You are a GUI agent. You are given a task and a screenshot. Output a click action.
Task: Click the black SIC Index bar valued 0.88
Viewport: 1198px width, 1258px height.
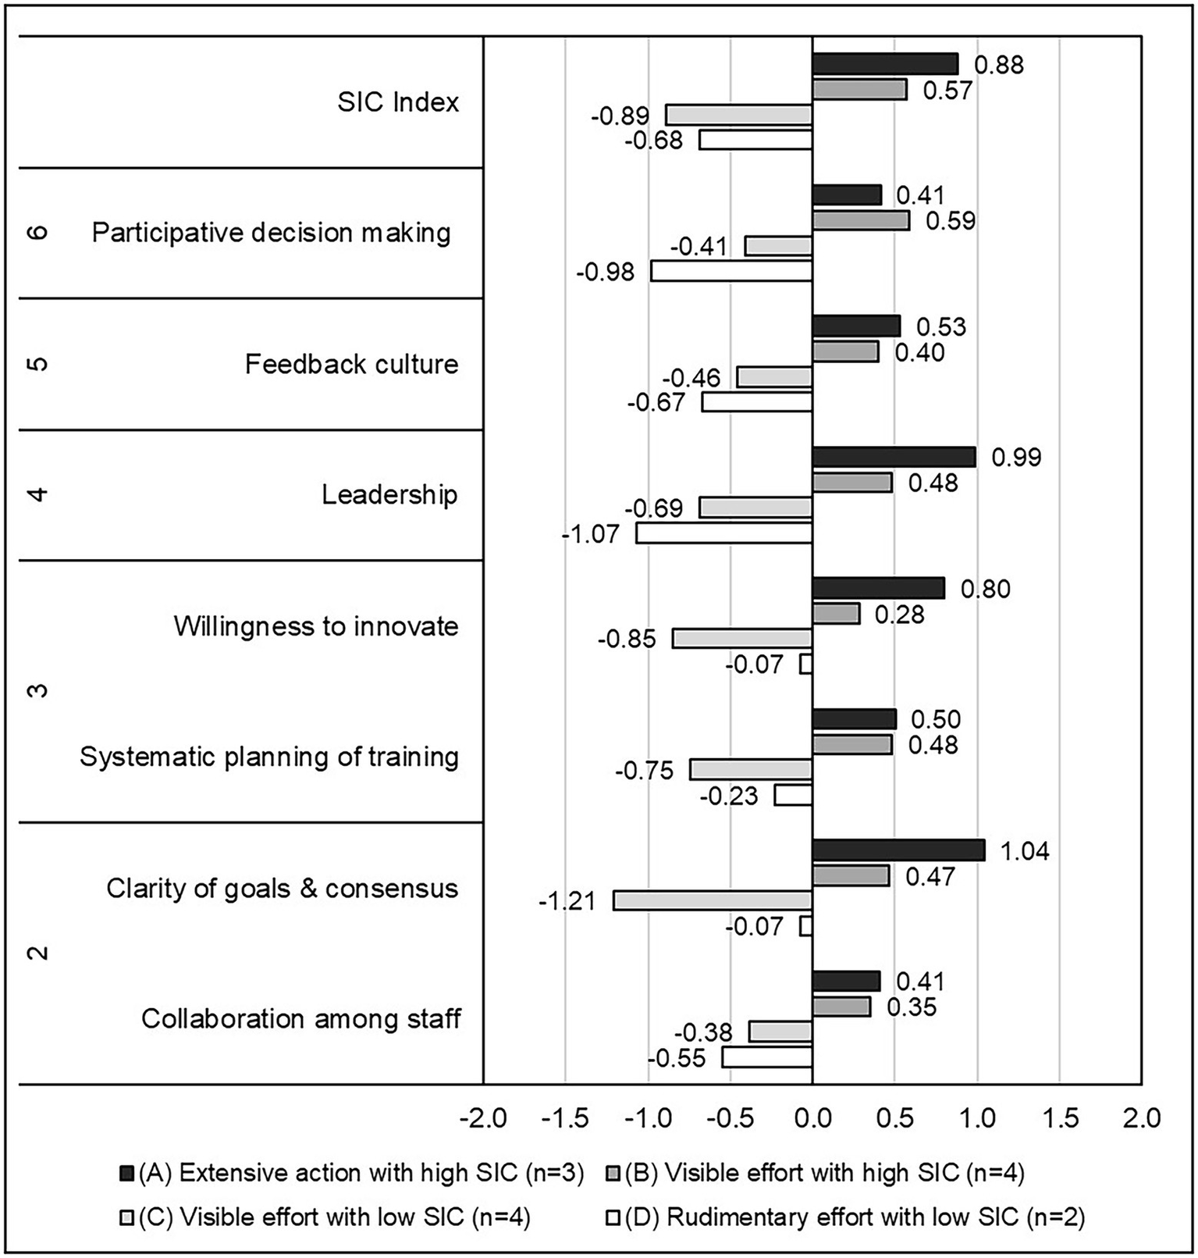pos(884,64)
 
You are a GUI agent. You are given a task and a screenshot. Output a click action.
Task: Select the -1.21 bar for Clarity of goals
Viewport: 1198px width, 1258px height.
pos(713,900)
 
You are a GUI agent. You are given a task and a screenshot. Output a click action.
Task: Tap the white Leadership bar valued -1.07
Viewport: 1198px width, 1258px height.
pos(723,533)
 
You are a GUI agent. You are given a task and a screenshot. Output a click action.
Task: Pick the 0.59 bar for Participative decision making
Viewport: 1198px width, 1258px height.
pos(860,220)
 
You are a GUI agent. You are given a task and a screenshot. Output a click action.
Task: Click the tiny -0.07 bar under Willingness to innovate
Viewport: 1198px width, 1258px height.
pos(806,665)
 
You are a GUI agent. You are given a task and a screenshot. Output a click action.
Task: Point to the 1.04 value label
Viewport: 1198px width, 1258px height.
pos(1024,850)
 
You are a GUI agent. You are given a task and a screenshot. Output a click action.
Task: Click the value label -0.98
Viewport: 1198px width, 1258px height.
pos(606,273)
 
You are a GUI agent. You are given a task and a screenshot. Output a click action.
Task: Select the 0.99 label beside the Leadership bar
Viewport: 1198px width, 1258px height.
pos(1015,457)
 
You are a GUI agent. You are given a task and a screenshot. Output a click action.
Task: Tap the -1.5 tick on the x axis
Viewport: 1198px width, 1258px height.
pos(565,1117)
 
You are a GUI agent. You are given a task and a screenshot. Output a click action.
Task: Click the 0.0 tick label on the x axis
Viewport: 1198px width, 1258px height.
pos(812,1117)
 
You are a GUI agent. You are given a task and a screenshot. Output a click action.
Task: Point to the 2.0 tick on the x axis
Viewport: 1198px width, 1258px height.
pos(1141,1117)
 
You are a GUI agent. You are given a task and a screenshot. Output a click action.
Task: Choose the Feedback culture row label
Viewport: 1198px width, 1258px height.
pos(351,364)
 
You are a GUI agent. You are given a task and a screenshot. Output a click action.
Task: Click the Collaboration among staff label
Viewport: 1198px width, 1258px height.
pos(300,1019)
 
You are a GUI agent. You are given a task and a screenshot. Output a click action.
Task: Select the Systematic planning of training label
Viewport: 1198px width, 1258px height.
pos(269,757)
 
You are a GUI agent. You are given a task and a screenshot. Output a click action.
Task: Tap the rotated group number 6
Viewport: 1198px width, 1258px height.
pos(38,233)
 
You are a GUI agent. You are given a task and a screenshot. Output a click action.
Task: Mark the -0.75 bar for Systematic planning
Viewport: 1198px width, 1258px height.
pos(751,770)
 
